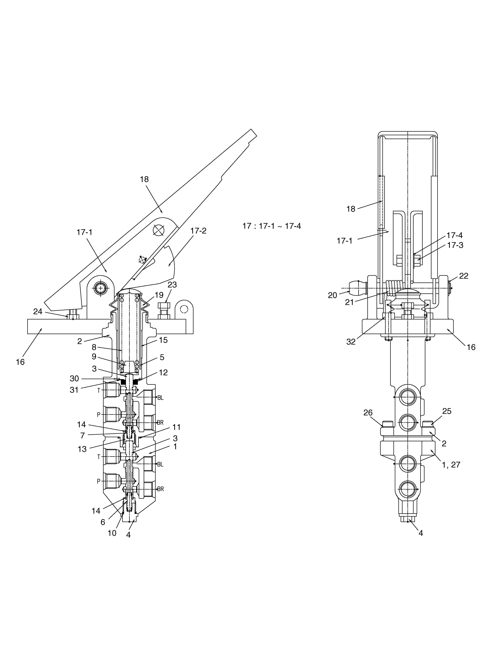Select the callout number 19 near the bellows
pos(159,295)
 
